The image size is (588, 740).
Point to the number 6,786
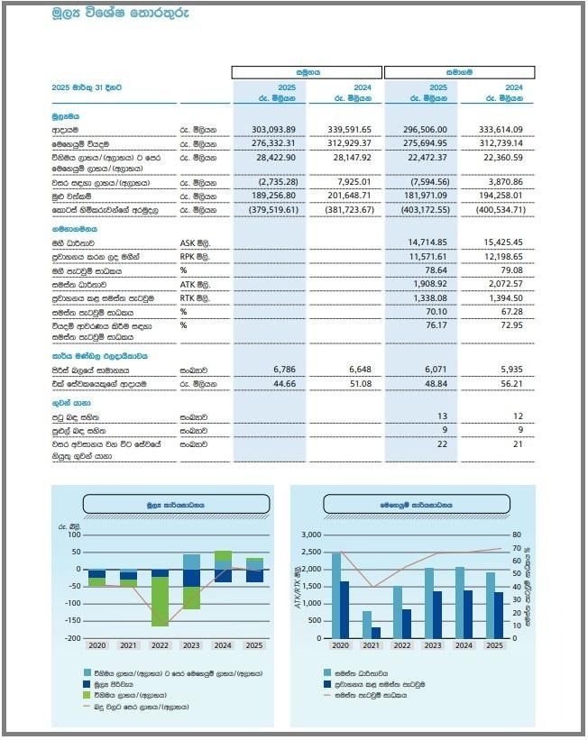point(283,370)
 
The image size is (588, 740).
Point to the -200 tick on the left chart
point(72,638)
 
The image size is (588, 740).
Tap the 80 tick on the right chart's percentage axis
point(518,534)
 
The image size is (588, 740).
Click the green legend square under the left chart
point(87,695)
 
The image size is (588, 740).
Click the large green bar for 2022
point(161,601)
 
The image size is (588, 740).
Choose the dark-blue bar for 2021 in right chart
point(376,633)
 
